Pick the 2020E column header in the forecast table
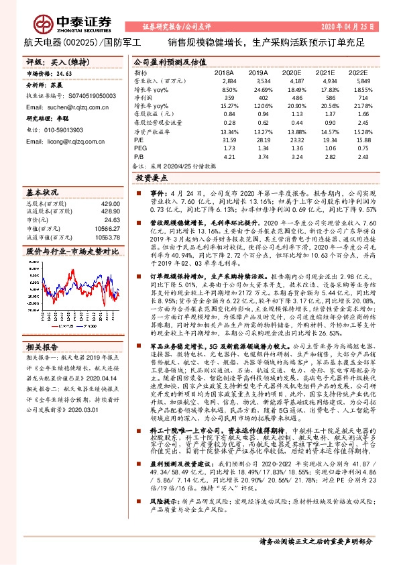tap(292, 71)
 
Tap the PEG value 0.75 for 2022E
tap(363, 148)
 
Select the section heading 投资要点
tap(152, 178)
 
